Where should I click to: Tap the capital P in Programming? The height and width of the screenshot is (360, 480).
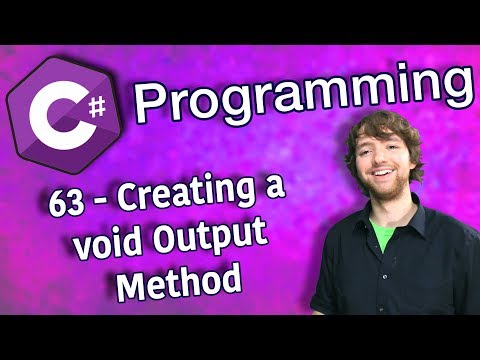coord(153,98)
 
